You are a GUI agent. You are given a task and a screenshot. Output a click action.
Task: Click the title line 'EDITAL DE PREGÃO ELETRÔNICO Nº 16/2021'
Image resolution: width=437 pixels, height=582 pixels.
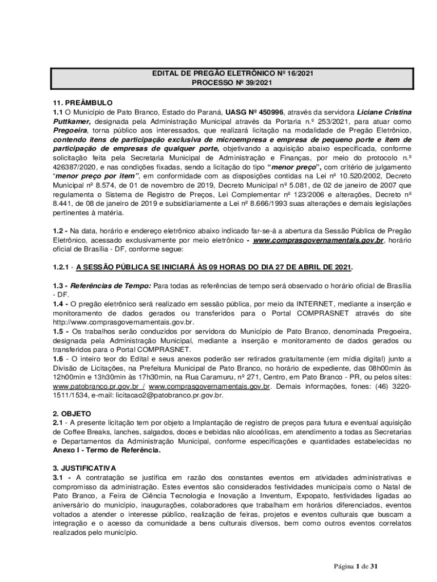tap(232, 73)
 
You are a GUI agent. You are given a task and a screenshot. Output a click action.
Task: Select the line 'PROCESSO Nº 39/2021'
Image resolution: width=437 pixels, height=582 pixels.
tap(232, 83)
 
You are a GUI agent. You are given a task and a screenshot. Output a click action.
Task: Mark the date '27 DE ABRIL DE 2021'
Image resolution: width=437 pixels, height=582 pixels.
tap(306, 266)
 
